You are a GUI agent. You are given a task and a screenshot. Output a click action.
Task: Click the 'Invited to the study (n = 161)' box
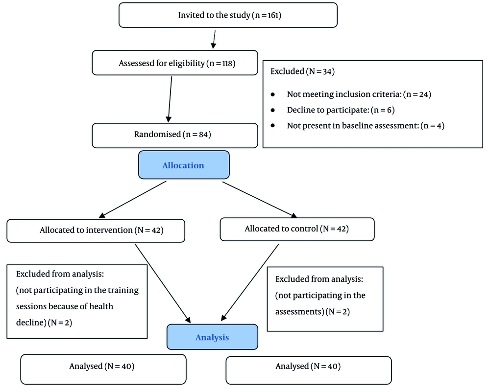coord(228,15)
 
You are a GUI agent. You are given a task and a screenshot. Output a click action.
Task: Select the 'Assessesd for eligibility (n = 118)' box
coord(174,63)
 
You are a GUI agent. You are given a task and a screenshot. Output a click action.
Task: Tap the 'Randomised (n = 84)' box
coord(174,135)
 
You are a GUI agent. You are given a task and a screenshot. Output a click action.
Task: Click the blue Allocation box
coord(183,165)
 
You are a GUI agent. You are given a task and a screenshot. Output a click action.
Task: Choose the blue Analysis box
coord(212,337)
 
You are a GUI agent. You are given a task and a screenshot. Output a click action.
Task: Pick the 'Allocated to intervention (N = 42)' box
coord(96,230)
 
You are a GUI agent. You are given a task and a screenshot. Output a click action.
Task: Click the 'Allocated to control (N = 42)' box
coord(297,229)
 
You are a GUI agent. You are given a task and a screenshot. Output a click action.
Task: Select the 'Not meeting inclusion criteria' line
coord(359,94)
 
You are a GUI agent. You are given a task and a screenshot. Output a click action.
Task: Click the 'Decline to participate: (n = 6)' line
coord(341,110)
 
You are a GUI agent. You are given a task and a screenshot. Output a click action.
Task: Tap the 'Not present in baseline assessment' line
coord(365,126)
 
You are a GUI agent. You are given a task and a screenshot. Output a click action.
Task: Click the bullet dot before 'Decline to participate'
coord(273,110)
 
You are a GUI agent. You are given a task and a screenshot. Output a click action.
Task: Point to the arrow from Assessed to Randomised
coord(171,98)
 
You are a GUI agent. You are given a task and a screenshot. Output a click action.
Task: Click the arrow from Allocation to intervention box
coord(133,199)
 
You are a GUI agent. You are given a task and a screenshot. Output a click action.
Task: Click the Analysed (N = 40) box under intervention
coord(103,367)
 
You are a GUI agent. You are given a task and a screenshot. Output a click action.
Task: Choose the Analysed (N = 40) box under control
coord(308,367)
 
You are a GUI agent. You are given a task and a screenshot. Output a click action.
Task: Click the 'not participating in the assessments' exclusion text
coord(320,303)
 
